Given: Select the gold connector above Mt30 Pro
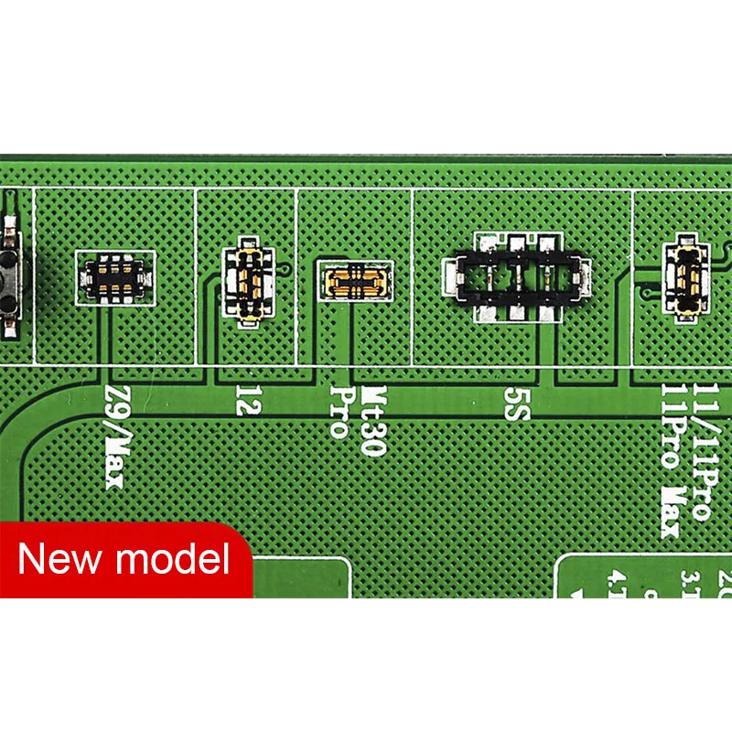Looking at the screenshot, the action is tap(354, 278).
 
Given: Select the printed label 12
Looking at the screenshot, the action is tap(243, 399).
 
